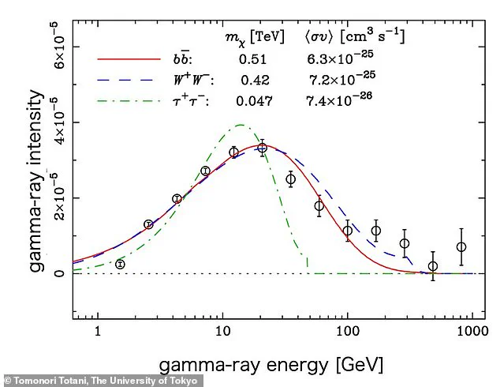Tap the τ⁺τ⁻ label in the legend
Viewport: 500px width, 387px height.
click(x=192, y=100)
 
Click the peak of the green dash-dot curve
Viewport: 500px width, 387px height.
click(x=240, y=125)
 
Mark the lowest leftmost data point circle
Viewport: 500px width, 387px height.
click(x=120, y=264)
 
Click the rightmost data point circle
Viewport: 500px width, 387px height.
click(x=461, y=247)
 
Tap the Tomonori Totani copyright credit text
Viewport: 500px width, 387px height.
click(x=103, y=381)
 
